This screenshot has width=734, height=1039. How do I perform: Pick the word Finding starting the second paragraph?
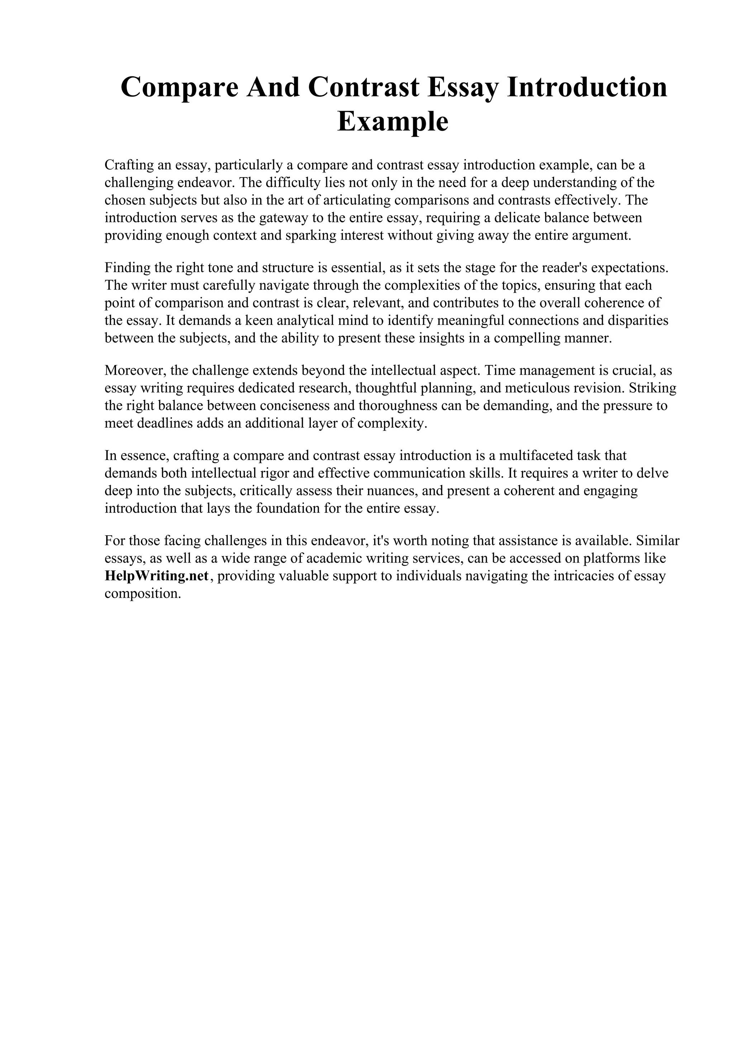(127, 267)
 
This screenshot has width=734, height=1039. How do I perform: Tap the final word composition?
(143, 593)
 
